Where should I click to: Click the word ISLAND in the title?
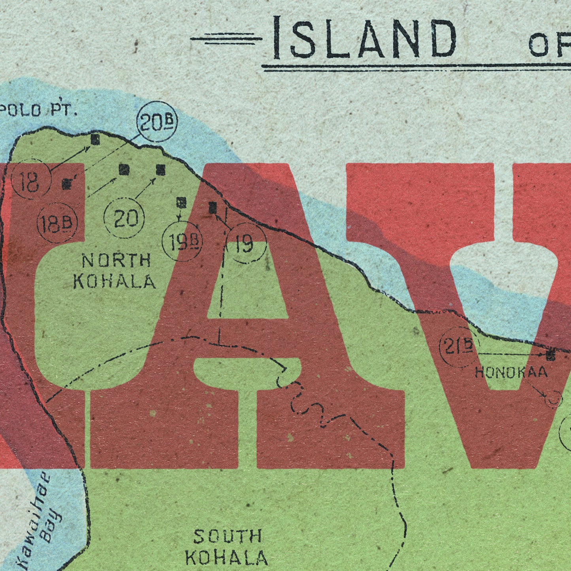[x=364, y=38]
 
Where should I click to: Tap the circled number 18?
[x=31, y=181]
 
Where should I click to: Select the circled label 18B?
[x=57, y=224]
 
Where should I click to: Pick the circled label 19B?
[x=182, y=242]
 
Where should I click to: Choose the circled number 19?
[x=246, y=244]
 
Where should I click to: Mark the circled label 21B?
[x=458, y=347]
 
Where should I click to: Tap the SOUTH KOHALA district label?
[x=227, y=547]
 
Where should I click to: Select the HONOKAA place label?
[x=511, y=372]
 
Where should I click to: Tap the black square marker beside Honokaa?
[x=550, y=355]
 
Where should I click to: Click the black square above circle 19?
[x=213, y=207]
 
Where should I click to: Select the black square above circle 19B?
[x=181, y=203]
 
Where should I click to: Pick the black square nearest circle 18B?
[x=67, y=184]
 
